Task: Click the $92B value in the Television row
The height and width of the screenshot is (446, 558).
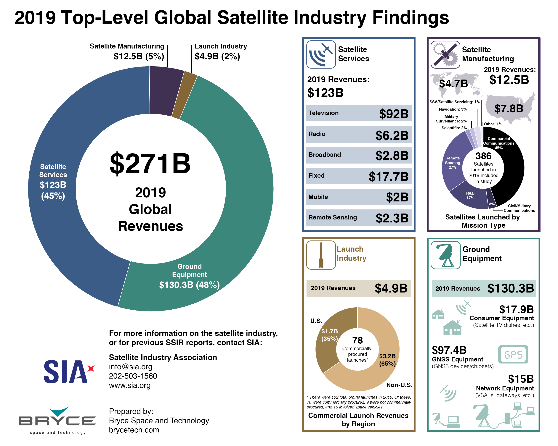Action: (394, 114)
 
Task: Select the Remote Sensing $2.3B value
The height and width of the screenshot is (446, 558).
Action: (392, 218)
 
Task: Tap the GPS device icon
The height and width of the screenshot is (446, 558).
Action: (513, 354)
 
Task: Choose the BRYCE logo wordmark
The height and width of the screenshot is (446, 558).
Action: (57, 421)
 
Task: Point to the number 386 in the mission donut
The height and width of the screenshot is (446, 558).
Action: (483, 156)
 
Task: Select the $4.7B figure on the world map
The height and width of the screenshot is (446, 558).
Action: (453, 83)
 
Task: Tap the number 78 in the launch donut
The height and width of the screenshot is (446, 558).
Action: (357, 340)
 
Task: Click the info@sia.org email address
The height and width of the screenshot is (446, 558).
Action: (130, 367)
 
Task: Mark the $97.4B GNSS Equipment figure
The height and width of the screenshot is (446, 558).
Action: (449, 350)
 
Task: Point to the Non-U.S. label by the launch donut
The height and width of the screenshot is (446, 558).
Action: (399, 385)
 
